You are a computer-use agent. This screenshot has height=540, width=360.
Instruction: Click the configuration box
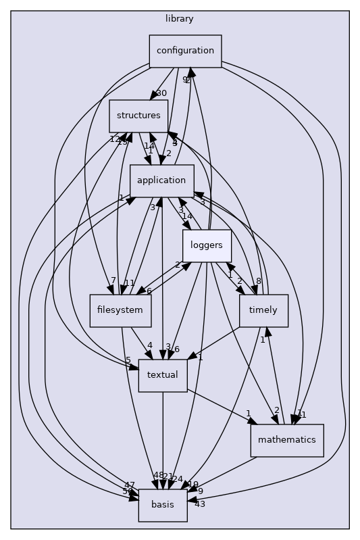(185, 51)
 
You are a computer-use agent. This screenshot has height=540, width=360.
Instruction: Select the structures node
(138, 116)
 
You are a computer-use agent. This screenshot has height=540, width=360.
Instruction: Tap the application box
(161, 180)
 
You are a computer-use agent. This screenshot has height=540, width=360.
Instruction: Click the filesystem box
(120, 310)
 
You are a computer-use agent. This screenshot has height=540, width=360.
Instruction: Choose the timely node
(263, 311)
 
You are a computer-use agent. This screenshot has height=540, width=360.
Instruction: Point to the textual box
(162, 375)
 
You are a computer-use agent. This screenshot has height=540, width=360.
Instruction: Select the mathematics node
(287, 440)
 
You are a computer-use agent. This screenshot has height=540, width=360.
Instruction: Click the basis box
(162, 505)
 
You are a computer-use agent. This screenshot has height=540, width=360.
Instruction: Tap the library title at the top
(180, 18)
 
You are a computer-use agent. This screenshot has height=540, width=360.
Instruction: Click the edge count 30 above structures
(161, 93)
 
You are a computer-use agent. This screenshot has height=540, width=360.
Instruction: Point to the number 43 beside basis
(199, 504)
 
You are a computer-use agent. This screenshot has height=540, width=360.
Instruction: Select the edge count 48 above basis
(159, 476)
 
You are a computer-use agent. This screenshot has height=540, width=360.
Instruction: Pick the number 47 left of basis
(130, 485)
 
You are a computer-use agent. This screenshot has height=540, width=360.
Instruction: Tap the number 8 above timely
(258, 281)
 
